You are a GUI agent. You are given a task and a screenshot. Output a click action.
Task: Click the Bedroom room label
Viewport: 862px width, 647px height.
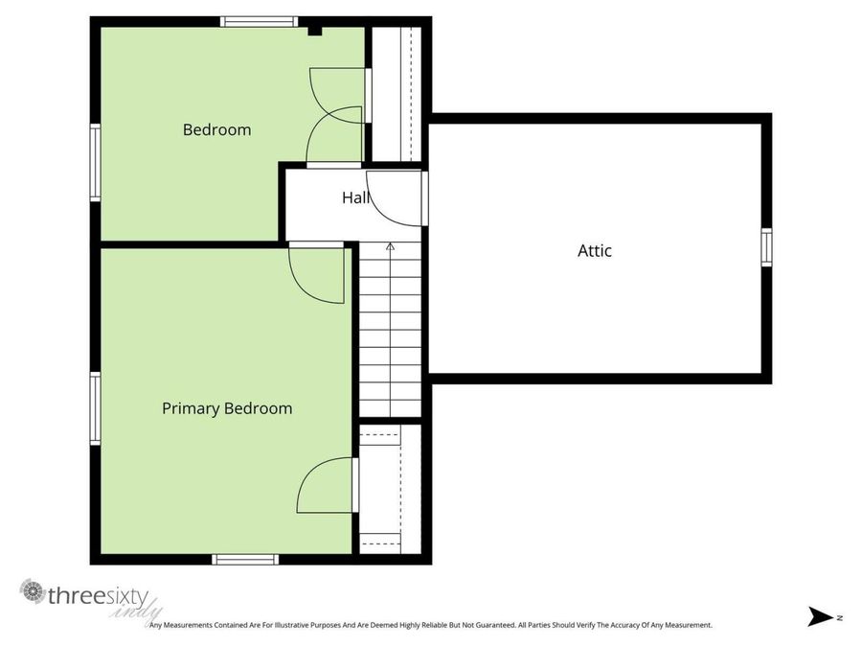click(216, 129)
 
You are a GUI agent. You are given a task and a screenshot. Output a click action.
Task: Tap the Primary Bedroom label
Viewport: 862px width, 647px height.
click(227, 408)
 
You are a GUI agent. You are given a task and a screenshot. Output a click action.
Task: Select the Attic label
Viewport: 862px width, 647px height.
click(594, 251)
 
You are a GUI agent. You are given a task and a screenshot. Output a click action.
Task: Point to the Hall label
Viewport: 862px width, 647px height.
click(355, 197)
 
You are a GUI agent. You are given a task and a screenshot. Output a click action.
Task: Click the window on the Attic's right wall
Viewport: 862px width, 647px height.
click(766, 246)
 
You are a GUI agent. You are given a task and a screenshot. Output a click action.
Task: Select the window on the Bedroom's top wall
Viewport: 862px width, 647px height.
click(259, 21)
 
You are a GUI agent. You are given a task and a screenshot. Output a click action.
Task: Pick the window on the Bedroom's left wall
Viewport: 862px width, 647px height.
click(95, 163)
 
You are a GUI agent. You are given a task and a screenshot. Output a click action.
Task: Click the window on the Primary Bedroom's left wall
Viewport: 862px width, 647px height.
click(95, 408)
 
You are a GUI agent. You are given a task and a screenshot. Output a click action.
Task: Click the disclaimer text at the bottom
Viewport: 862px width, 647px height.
click(431, 625)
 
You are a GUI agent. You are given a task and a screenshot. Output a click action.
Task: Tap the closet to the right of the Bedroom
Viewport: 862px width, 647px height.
click(395, 94)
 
